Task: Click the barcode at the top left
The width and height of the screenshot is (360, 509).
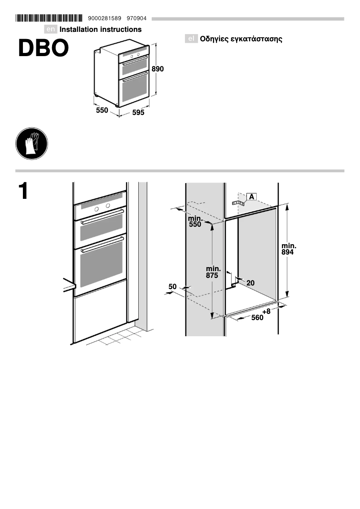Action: tap(49, 18)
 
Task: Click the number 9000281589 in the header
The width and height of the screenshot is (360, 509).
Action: tap(105, 18)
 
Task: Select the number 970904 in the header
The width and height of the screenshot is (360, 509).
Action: tap(137, 18)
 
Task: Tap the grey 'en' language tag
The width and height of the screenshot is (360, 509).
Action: tap(51, 30)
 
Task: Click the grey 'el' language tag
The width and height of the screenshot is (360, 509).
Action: tap(191, 39)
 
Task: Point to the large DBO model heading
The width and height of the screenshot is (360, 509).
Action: tap(44, 48)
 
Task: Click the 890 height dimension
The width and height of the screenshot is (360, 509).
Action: tap(158, 69)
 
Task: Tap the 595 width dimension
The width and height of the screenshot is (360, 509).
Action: tap(138, 113)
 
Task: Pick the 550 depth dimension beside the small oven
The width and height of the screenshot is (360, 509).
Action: tap(102, 110)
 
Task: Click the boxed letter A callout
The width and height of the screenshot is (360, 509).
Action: tap(251, 197)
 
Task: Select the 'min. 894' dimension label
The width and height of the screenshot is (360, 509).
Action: tap(289, 249)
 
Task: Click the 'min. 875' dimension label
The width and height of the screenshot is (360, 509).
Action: tap(212, 272)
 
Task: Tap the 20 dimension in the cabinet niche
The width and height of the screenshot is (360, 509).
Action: tap(250, 283)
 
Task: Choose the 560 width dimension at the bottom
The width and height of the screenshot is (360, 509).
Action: tap(257, 318)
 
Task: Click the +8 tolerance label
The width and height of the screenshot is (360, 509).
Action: tap(267, 311)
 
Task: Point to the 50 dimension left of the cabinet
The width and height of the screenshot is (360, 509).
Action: tap(172, 286)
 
